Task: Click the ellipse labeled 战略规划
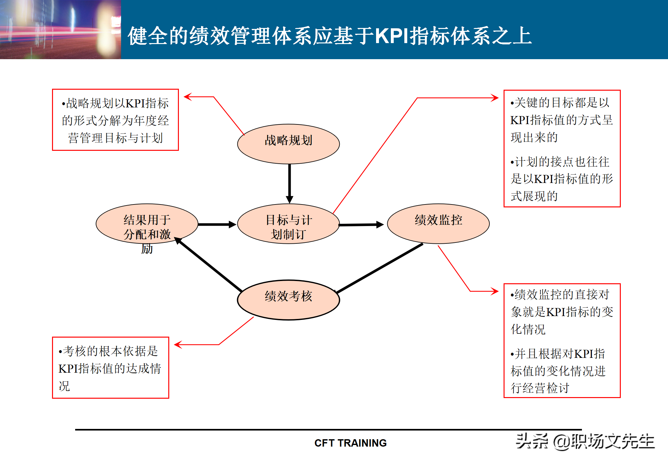tap(288, 144)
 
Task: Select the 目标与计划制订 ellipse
tap(288, 224)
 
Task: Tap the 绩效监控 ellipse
tap(438, 224)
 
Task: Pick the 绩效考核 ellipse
tap(288, 300)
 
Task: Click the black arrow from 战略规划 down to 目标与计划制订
tap(289, 183)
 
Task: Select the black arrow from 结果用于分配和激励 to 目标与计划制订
tap(217, 224)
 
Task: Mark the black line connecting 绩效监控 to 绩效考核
tap(379, 268)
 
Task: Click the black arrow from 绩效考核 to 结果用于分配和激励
tap(209, 264)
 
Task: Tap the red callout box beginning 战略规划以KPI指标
tap(115, 120)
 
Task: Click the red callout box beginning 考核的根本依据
tap(110, 368)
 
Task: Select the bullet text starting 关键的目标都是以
tap(561, 120)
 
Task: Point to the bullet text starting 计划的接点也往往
tap(561, 179)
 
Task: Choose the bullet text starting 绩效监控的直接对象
tap(561, 312)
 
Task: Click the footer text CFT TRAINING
tap(350, 443)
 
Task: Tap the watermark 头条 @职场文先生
tap(585, 441)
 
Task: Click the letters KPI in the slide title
tap(392, 36)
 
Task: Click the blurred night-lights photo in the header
tap(60, 29)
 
